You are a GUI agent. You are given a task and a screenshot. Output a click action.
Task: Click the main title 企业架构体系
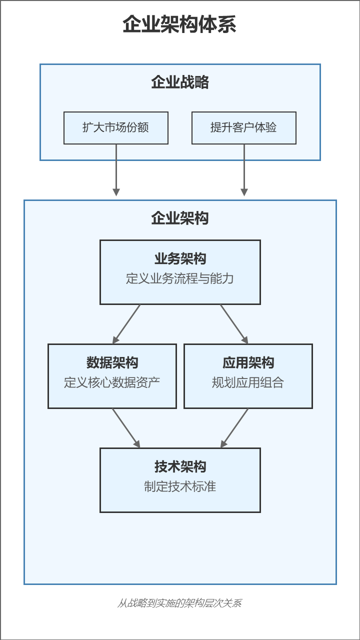tap(179, 24)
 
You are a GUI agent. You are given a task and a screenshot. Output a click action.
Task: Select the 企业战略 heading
tap(180, 82)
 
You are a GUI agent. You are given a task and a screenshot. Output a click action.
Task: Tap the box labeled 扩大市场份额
tap(116, 127)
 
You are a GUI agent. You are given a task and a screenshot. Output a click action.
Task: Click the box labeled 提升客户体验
tap(244, 127)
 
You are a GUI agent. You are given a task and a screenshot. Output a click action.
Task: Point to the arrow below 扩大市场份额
tap(116, 170)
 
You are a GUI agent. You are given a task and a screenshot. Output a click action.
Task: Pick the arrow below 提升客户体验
tap(244, 170)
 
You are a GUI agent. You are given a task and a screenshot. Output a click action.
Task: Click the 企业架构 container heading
tap(180, 218)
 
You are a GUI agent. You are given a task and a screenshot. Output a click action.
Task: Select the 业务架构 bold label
tap(180, 258)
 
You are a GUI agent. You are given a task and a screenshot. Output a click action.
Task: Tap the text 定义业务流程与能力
tap(180, 278)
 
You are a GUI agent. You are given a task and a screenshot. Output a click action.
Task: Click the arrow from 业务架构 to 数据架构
tap(126, 324)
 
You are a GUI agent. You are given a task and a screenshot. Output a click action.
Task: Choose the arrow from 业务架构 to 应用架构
tap(234, 324)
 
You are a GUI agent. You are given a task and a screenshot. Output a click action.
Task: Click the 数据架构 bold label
tap(112, 362)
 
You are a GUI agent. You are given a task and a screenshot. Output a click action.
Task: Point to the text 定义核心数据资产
tap(112, 382)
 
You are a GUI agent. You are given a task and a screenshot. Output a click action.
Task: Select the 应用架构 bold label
tap(248, 362)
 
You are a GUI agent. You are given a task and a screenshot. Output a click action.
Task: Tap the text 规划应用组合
tap(248, 382)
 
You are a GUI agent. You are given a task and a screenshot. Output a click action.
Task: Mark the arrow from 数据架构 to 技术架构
tap(126, 428)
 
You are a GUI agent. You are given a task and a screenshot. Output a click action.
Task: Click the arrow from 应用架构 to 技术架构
tap(234, 428)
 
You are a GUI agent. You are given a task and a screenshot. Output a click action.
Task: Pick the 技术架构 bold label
tap(180, 466)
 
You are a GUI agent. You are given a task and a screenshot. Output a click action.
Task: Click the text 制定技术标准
tap(180, 486)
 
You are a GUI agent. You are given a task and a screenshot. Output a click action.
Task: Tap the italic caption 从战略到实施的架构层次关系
tap(179, 603)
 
